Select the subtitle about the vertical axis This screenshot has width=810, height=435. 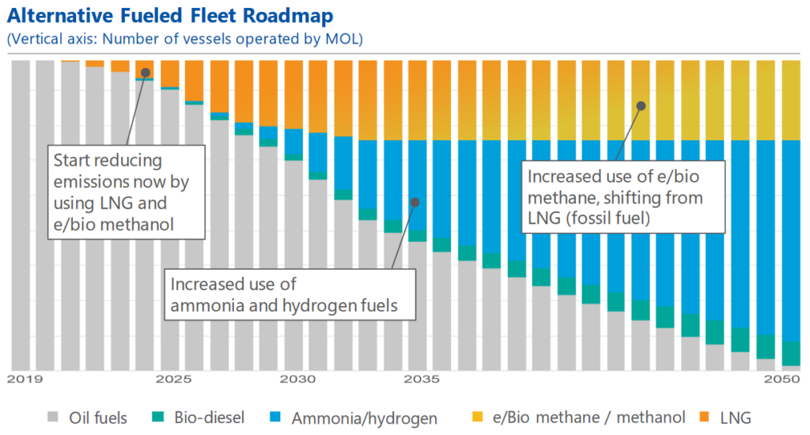click(x=184, y=38)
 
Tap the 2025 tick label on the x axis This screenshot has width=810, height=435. click(x=170, y=380)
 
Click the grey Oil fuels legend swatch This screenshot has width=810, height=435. click(x=54, y=417)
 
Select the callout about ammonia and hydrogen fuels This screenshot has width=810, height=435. click(x=290, y=294)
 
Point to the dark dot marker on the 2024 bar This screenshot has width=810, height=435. click(x=146, y=73)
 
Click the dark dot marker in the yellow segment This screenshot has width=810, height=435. click(x=642, y=105)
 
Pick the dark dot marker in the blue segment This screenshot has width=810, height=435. click(x=414, y=202)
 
